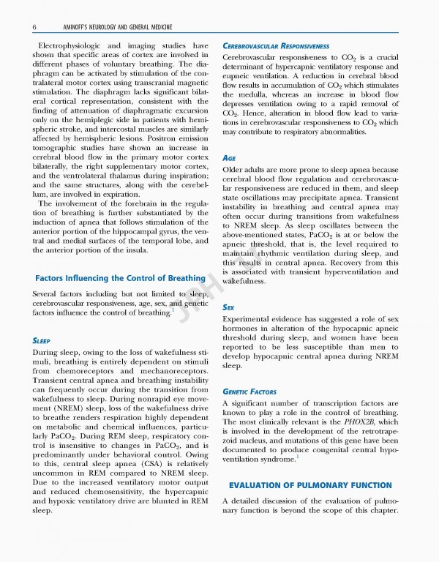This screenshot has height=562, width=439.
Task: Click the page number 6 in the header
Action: [35, 27]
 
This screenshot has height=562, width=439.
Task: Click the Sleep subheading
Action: [45, 340]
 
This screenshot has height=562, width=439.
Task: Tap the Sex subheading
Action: [228, 308]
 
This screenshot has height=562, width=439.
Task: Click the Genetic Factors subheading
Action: [252, 391]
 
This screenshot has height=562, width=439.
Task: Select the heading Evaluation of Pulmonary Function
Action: [309, 486]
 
